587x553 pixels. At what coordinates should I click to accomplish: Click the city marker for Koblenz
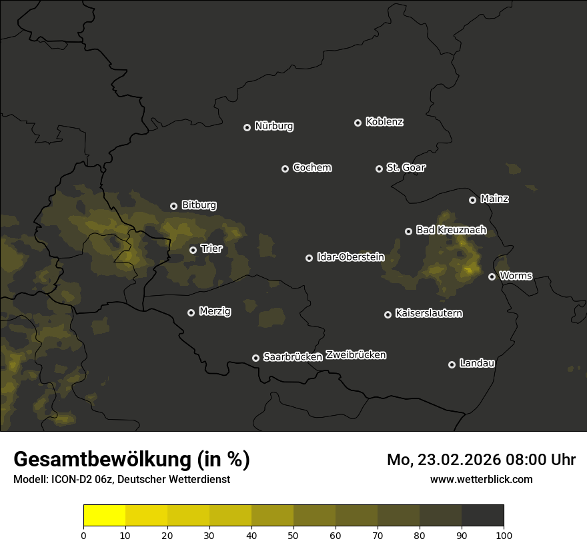pos(358,123)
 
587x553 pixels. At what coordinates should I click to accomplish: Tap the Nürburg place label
pos(274,126)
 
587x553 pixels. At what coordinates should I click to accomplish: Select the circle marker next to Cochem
pos(285,169)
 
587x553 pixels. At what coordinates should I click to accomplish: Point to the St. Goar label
pos(406,167)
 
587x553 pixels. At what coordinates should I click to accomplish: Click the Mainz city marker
pos(472,200)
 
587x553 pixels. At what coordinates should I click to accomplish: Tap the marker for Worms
pos(492,276)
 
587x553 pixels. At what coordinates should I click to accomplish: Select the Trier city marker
pos(193,250)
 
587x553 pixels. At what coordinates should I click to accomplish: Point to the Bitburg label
pos(199,205)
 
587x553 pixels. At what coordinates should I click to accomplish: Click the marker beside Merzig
pos(191,312)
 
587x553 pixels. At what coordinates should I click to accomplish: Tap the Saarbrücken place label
pos(293,356)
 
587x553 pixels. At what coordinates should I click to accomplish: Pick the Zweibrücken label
pos(356,355)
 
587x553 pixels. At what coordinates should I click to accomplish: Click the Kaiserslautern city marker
pos(388,314)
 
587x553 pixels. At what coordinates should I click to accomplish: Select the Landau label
pos(477,363)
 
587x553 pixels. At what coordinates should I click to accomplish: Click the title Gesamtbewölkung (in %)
pos(131,460)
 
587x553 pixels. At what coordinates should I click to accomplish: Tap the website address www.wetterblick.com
pos(481,479)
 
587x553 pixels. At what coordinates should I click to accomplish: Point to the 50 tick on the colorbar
pos(293,535)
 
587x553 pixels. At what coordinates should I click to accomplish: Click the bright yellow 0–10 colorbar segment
pos(104,515)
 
